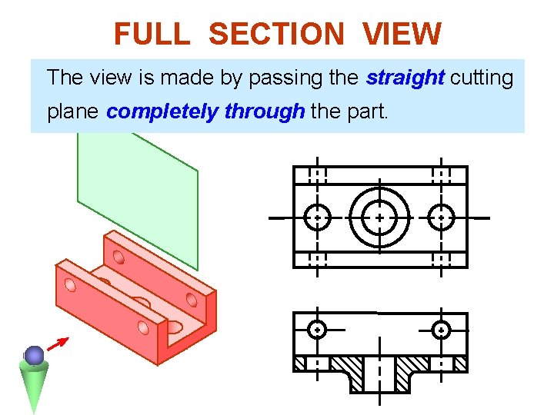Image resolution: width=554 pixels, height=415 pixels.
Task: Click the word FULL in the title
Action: (151, 35)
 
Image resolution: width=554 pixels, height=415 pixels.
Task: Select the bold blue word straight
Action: (405, 78)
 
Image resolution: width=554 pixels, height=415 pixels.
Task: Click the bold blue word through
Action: (264, 112)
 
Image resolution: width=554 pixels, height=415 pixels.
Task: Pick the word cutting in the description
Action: (482, 78)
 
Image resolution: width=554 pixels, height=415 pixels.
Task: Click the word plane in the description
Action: (72, 112)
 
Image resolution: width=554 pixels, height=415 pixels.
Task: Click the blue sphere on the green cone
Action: (34, 355)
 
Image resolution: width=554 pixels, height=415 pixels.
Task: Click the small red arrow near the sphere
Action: (58, 344)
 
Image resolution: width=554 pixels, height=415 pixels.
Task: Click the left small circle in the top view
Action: (317, 217)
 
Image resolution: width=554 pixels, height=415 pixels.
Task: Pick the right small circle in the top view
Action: (441, 217)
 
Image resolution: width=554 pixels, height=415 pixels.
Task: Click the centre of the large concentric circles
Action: (379, 217)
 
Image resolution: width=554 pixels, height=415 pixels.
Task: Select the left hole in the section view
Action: (317, 330)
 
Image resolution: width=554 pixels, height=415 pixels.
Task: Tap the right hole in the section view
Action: (441, 330)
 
